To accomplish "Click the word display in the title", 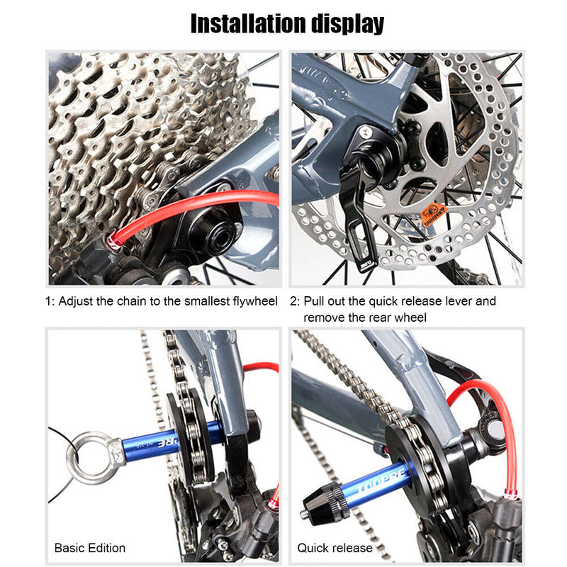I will pyautogui.click(x=347, y=23).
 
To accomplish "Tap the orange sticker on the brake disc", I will pyautogui.click(x=434, y=213).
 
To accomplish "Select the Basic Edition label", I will pyautogui.click(x=90, y=548).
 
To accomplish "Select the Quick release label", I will pyautogui.click(x=335, y=548).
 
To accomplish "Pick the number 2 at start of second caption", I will pyautogui.click(x=293, y=301).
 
